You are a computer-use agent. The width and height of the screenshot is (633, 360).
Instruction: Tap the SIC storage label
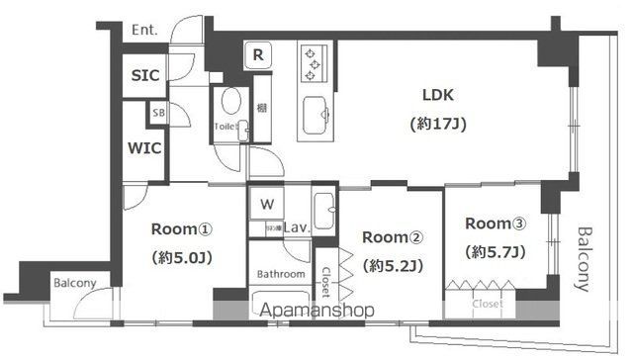pyautogui.click(x=144, y=75)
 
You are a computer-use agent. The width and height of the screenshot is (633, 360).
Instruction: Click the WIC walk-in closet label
pyautogui.click(x=144, y=149)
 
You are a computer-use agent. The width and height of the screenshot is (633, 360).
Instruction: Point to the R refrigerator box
pyautogui.click(x=257, y=54)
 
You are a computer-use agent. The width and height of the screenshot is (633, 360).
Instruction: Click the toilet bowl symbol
pyautogui.click(x=230, y=102)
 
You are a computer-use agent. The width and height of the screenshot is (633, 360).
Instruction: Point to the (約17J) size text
pyautogui.click(x=437, y=125)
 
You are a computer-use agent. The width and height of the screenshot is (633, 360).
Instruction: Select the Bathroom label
pyautogui.click(x=281, y=273)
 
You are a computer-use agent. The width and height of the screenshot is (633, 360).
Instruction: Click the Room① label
pyautogui.click(x=181, y=228)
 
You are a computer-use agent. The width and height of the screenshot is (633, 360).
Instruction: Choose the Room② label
pyautogui.click(x=392, y=237)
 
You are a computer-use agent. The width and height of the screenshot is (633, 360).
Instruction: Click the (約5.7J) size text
pyautogui.click(x=497, y=251)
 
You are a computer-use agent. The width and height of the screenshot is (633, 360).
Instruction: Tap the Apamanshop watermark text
pyautogui.click(x=316, y=310)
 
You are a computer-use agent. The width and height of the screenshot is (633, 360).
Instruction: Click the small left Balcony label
pyautogui.click(x=74, y=283)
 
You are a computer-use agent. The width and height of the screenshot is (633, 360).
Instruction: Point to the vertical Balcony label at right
pyautogui.click(x=587, y=259)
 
